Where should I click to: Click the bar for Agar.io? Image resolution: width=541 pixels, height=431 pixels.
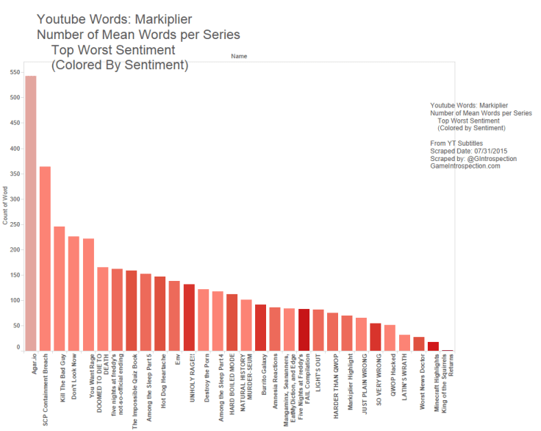[31, 213]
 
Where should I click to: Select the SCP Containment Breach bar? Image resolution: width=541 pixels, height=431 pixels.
[45, 258]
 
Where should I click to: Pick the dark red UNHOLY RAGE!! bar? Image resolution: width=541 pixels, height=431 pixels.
[189, 317]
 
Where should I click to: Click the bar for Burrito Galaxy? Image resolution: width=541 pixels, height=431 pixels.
[260, 327]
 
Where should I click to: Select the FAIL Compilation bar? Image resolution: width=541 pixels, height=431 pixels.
[304, 330]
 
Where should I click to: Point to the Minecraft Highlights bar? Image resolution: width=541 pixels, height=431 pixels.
[433, 346]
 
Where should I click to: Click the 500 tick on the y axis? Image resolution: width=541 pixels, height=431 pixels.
[15, 98]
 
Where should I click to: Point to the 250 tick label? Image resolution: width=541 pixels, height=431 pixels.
[15, 224]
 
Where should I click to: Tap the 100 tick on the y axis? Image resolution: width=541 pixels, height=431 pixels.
[15, 300]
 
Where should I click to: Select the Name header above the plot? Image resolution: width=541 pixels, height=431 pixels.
[238, 56]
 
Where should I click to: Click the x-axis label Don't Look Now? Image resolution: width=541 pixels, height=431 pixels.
[74, 376]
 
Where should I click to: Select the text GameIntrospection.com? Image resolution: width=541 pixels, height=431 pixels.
[465, 166]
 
